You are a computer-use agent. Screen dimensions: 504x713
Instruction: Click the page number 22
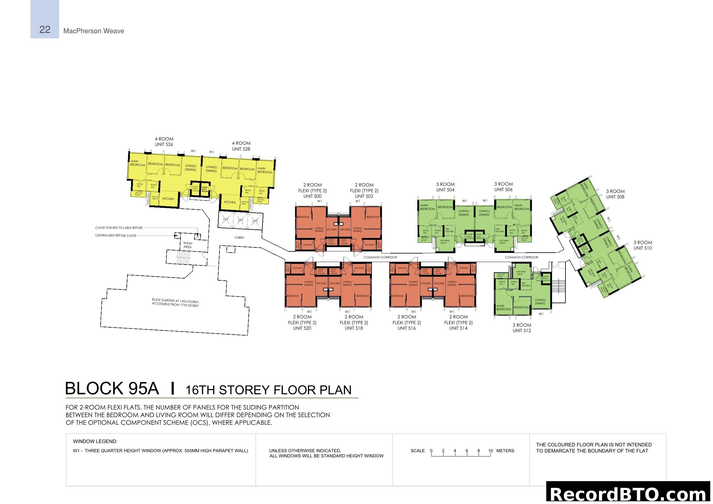pyautogui.click(x=45, y=30)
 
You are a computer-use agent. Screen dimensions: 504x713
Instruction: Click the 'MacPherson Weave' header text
pyautogui.click(x=94, y=31)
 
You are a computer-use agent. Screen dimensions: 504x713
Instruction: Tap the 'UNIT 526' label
pyautogui.click(x=164, y=144)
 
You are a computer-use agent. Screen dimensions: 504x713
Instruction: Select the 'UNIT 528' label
pyautogui.click(x=241, y=149)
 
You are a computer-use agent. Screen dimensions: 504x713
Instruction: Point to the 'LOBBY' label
pyautogui.click(x=239, y=237)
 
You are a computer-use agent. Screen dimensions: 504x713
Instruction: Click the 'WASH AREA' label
pyautogui.click(x=187, y=245)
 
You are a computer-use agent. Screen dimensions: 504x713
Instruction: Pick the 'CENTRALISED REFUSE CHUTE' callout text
pyautogui.click(x=116, y=236)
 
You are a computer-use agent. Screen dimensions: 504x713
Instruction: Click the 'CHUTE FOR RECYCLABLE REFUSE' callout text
pyautogui.click(x=119, y=228)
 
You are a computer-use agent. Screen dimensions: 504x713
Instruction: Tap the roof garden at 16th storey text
pyautogui.click(x=176, y=303)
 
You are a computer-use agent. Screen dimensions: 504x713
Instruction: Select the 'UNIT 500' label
pyautogui.click(x=312, y=196)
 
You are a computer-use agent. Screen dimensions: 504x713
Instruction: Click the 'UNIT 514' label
pyautogui.click(x=458, y=328)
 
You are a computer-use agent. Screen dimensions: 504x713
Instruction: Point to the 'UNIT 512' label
pyautogui.click(x=522, y=331)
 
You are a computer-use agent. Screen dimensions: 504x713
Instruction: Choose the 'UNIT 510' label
pyautogui.click(x=643, y=248)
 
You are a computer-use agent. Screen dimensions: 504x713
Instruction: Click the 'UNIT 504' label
pyautogui.click(x=445, y=190)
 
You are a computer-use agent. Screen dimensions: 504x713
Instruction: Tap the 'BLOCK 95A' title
pyautogui.click(x=112, y=389)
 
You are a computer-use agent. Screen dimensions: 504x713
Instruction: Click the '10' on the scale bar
pyautogui.click(x=490, y=451)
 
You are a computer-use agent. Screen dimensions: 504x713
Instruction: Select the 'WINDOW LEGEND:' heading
pyautogui.click(x=95, y=441)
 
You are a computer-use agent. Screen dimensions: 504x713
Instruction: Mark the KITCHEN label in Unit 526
pyautogui.click(x=168, y=199)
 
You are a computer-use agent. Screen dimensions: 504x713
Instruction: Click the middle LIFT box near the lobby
pyautogui.click(x=240, y=220)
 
